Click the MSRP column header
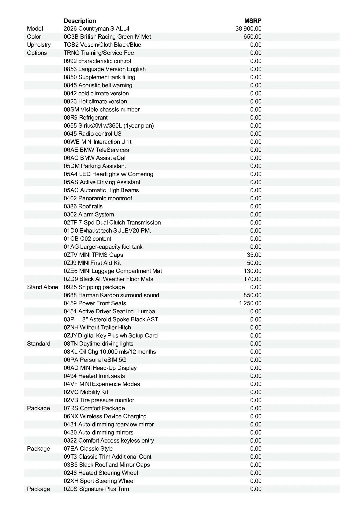click(x=253, y=21)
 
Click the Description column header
click(x=80, y=21)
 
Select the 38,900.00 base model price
click(x=248, y=29)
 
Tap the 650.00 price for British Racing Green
click(x=252, y=37)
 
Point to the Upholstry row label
click(x=39, y=45)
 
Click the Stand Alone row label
click(x=42, y=287)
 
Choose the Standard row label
click(x=39, y=344)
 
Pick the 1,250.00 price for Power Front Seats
click(x=250, y=303)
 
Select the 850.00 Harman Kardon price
click(x=252, y=295)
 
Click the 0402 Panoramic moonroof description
click(x=98, y=198)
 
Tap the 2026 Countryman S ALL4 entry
click(x=97, y=29)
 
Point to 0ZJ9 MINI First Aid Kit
click(x=92, y=263)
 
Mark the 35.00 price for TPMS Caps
click(x=254, y=255)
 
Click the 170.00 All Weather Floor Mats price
click(x=252, y=279)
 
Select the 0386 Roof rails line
click(x=83, y=206)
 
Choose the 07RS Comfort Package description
click(x=94, y=408)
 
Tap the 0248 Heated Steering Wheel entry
click(x=101, y=473)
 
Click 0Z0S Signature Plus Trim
click(x=96, y=489)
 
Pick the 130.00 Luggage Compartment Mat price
click(x=252, y=271)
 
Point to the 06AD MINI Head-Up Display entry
click(x=100, y=368)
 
